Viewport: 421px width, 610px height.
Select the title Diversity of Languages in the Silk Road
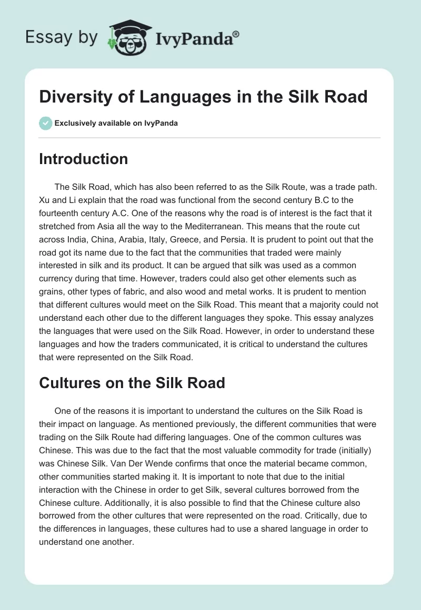point(203,97)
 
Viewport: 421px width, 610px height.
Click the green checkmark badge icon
point(45,124)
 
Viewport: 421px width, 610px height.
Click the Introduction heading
point(83,159)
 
